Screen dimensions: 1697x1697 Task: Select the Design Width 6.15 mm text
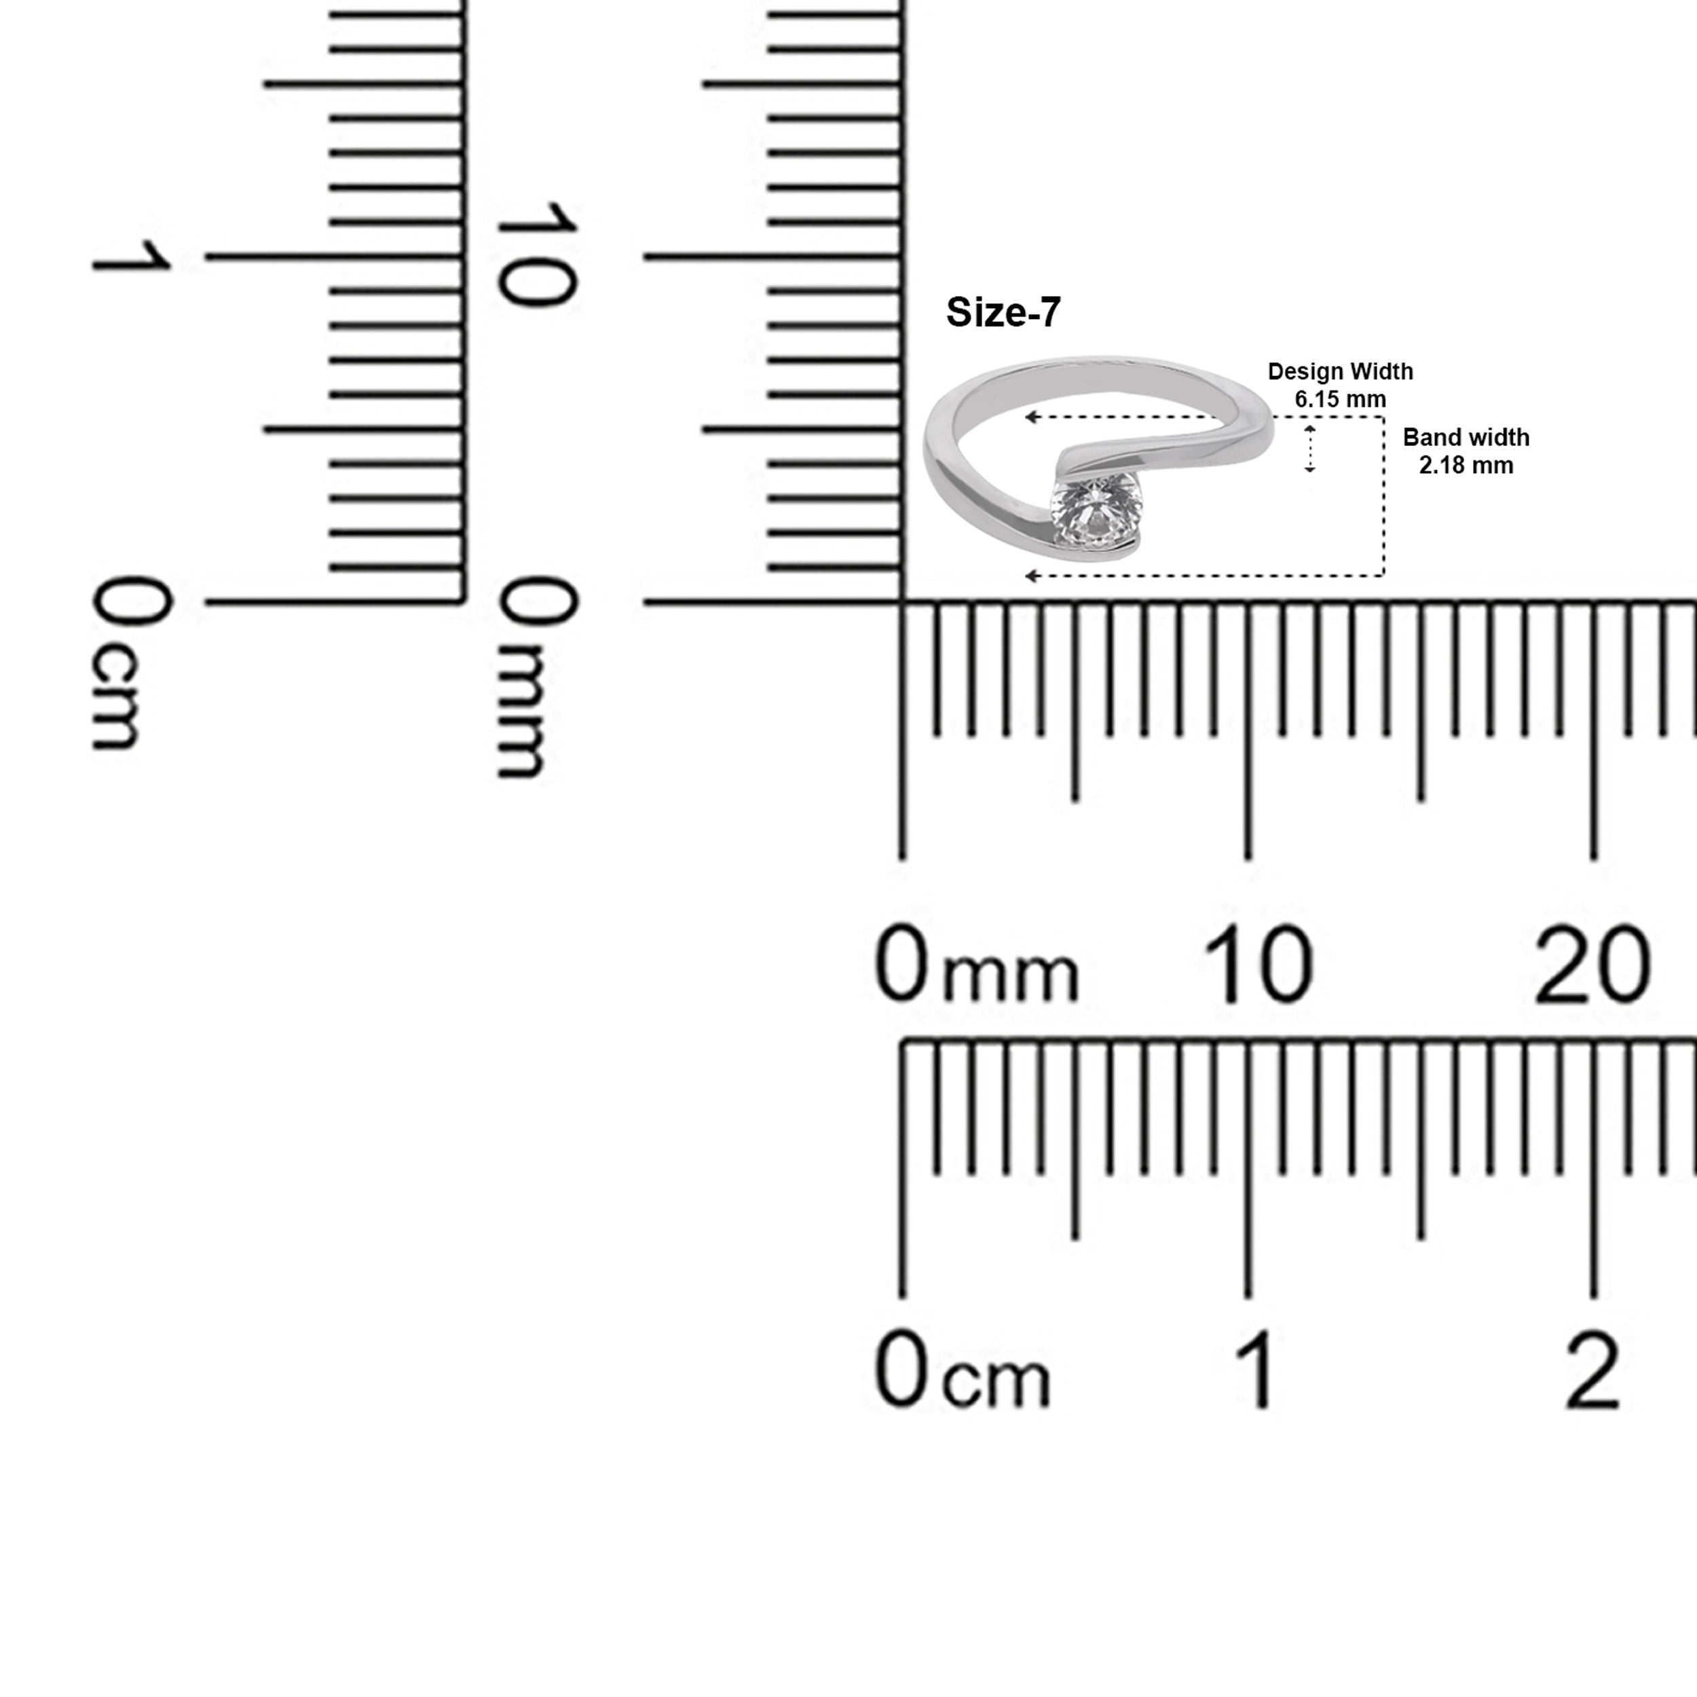pos(1341,385)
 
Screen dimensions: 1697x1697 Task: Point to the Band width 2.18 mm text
pos(1466,451)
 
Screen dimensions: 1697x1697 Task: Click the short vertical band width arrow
pos(1309,448)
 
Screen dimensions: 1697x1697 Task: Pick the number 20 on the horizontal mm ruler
pos(1592,965)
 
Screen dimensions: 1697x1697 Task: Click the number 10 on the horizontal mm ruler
pos(1258,965)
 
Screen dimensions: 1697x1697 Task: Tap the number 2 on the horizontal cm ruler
pos(1592,1371)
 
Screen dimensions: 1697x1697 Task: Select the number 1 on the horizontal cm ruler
pos(1258,1371)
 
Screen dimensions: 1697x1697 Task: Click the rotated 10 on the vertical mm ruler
pos(537,253)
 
